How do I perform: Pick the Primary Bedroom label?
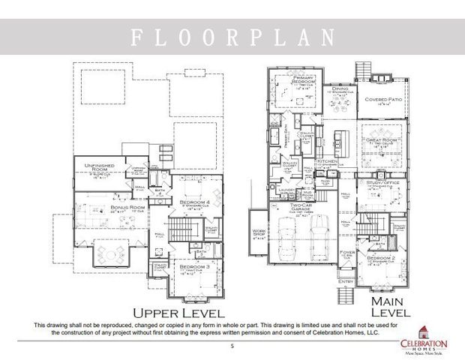(x=292, y=82)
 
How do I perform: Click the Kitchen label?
(x=327, y=161)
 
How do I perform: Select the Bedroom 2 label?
(x=381, y=259)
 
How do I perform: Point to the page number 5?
(x=232, y=346)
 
